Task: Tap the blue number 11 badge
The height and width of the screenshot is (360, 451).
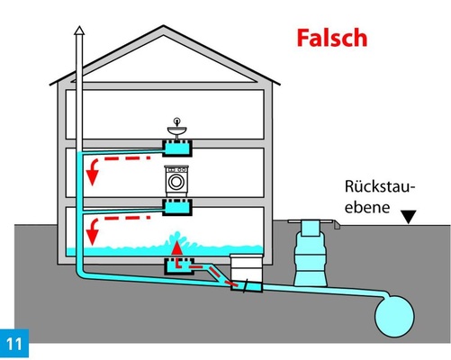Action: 15,343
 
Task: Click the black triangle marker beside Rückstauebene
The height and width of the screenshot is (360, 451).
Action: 410,217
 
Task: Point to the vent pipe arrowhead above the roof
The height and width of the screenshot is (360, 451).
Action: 79,31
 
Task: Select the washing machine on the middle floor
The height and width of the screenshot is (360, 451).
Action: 176,181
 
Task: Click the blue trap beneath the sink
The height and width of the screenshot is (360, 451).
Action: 176,147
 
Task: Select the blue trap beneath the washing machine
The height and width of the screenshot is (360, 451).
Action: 176,207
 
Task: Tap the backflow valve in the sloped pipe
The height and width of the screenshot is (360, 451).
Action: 244,287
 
